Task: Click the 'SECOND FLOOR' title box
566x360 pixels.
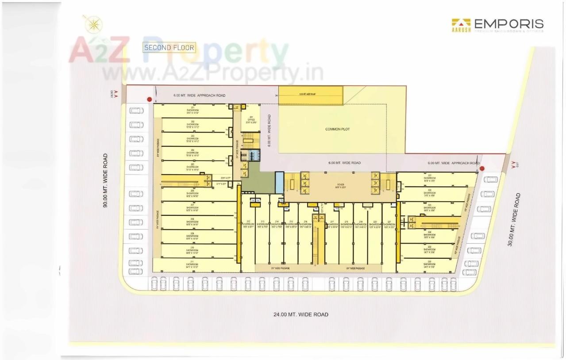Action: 169,47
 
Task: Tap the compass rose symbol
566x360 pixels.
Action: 92,24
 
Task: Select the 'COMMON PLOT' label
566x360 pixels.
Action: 337,129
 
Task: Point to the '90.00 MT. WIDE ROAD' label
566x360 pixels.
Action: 105,180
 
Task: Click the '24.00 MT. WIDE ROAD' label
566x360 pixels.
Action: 300,314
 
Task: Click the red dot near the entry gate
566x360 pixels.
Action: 149,99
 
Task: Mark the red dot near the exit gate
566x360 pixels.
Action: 482,168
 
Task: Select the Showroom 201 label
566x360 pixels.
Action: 193,110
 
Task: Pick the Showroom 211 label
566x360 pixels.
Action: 193,264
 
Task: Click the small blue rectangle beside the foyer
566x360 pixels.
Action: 279,182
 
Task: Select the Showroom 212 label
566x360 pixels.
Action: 248,225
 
